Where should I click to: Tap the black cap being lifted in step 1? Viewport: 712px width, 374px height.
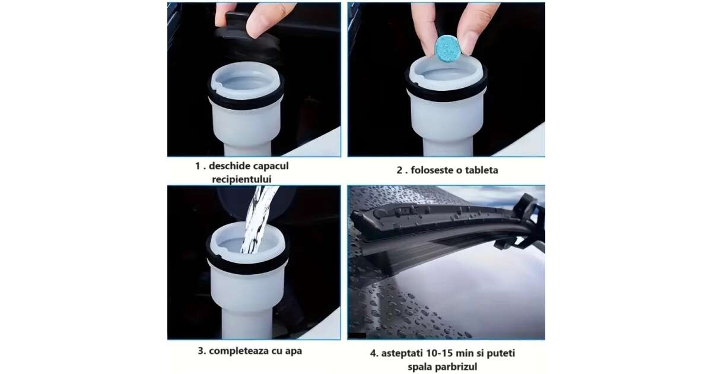(x=247, y=37)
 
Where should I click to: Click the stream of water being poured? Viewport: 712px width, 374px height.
(x=257, y=220)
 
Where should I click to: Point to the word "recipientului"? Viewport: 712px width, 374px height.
(x=241, y=179)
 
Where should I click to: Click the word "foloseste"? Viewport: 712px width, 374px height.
(x=433, y=170)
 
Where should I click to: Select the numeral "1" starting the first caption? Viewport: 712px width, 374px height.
(x=198, y=166)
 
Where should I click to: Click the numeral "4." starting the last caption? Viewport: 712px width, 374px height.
(x=374, y=353)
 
